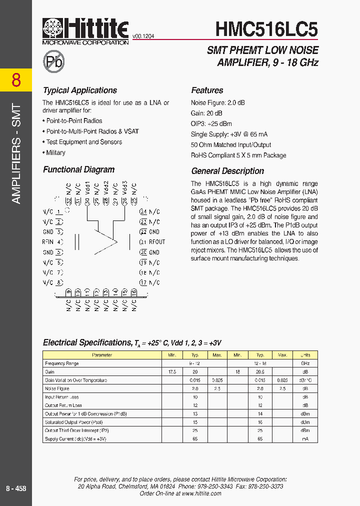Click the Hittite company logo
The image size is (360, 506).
tap(85, 31)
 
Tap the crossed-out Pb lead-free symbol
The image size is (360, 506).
tap(54, 61)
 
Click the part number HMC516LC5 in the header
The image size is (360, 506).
tap(266, 29)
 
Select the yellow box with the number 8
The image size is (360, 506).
tap(16, 80)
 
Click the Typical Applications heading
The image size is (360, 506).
tap(80, 90)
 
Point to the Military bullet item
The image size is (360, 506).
tap(55, 152)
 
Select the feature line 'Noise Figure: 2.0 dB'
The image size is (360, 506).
tap(218, 102)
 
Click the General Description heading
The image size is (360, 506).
tap(227, 171)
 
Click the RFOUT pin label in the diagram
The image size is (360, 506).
tap(157, 242)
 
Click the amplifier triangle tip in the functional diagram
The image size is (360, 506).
tap(116, 242)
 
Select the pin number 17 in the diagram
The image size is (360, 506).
tap(143, 282)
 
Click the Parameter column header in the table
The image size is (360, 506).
tap(102, 355)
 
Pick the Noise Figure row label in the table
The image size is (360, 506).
tap(57, 388)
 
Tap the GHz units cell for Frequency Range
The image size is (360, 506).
tap(305, 363)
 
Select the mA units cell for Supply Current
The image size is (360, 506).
tap(305, 438)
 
